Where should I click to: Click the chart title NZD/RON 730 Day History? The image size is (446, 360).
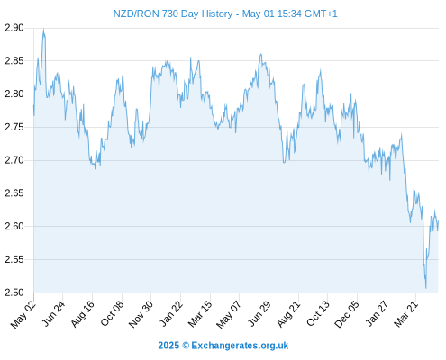point(173,13)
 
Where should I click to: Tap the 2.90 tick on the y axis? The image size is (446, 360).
point(14,28)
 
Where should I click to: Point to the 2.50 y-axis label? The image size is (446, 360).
point(14,292)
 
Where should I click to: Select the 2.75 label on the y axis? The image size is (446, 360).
point(14,127)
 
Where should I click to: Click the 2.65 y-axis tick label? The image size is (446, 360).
point(14,193)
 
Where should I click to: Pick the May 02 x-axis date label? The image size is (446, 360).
point(23,314)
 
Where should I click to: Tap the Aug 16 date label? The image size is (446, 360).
point(82,313)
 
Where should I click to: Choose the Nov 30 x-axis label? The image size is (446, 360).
point(141,314)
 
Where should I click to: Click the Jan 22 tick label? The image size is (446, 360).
point(171,313)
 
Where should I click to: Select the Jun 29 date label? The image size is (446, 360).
point(259,313)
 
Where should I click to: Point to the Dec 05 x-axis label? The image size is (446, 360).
point(346,314)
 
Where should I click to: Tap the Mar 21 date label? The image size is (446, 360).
point(405,314)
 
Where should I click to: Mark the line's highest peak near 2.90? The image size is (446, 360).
point(44,29)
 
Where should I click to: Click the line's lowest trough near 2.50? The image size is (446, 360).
point(426,288)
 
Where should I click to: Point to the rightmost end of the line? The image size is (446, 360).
point(439,221)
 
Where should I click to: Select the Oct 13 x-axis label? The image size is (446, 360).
point(318,313)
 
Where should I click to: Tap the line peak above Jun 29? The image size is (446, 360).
point(261,54)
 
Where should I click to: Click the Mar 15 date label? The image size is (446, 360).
point(200,314)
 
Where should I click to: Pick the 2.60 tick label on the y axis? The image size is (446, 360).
point(14,226)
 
